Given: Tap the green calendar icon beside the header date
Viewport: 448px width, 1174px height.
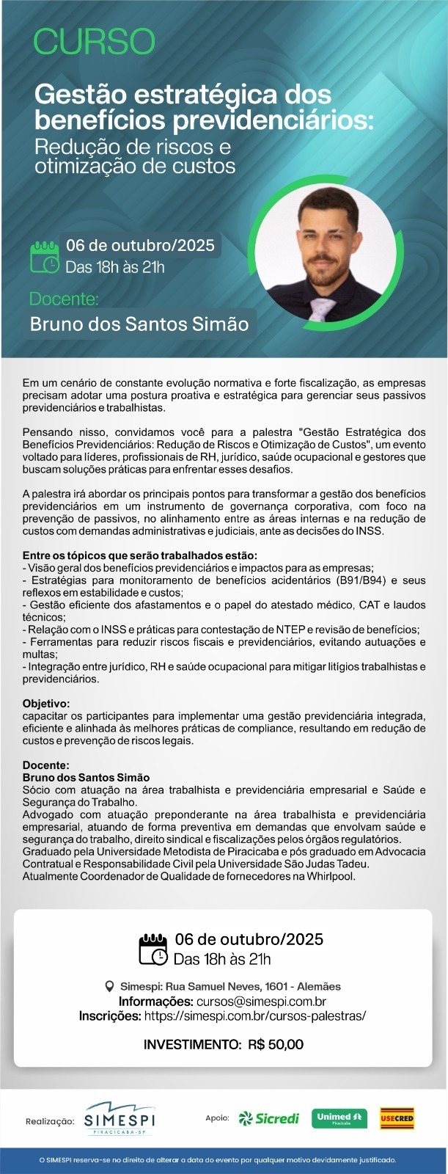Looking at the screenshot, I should click(44, 257).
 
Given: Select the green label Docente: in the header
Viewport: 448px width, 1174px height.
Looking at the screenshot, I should click(64, 299).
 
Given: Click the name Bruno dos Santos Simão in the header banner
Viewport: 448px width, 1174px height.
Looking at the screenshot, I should click(139, 324).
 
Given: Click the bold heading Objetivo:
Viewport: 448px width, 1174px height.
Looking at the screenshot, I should click(46, 702).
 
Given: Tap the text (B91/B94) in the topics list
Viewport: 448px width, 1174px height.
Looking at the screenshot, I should click(364, 580).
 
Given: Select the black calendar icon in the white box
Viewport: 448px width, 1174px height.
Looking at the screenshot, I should click(153, 949).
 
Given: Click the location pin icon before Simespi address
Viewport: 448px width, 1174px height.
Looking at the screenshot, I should click(110, 986).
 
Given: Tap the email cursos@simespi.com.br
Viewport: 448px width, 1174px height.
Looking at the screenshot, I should click(261, 1001).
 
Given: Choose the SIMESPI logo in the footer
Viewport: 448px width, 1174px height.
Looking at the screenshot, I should click(120, 1119).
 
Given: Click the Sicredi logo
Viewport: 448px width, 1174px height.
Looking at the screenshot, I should click(269, 1118).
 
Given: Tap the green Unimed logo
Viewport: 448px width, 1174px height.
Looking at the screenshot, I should click(339, 1118).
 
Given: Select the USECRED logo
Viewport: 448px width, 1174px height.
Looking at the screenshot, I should click(397, 1118).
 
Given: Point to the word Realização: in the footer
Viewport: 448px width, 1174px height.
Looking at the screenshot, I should click(50, 1121).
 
